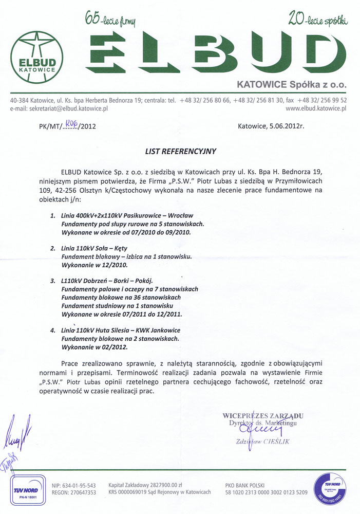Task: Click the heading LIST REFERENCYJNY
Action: tap(180, 151)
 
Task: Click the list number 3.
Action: tap(53, 281)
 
